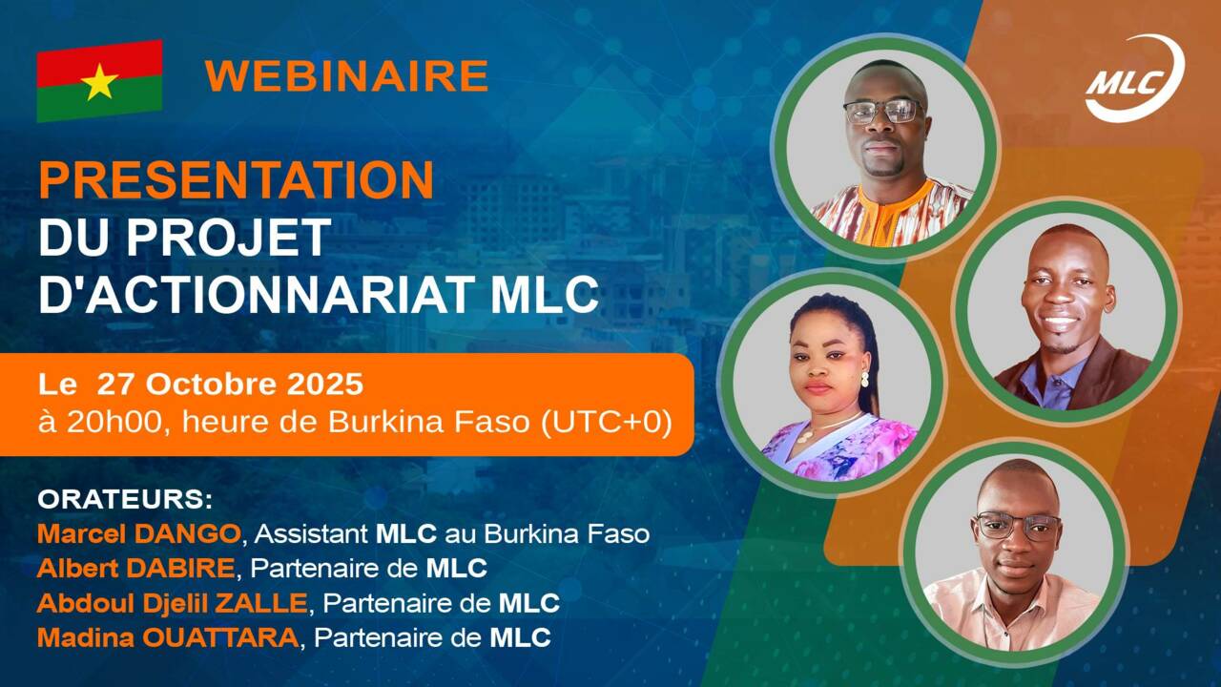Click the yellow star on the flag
click(99, 81)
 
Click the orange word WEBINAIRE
click(346, 75)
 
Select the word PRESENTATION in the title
click(236, 180)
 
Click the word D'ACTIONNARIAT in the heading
click(259, 295)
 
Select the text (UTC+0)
click(606, 423)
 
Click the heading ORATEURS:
click(125, 499)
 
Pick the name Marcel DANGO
click(138, 533)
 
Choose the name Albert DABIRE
click(135, 569)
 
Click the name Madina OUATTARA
click(168, 638)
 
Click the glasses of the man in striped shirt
click(883, 112)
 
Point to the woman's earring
click(864, 379)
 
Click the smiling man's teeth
click(1058, 321)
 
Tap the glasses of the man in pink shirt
click(1018, 526)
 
